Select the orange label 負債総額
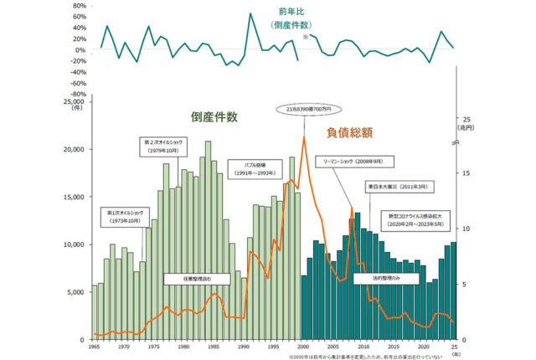[349, 132]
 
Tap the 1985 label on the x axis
[214, 345]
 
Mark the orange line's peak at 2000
[304, 137]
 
